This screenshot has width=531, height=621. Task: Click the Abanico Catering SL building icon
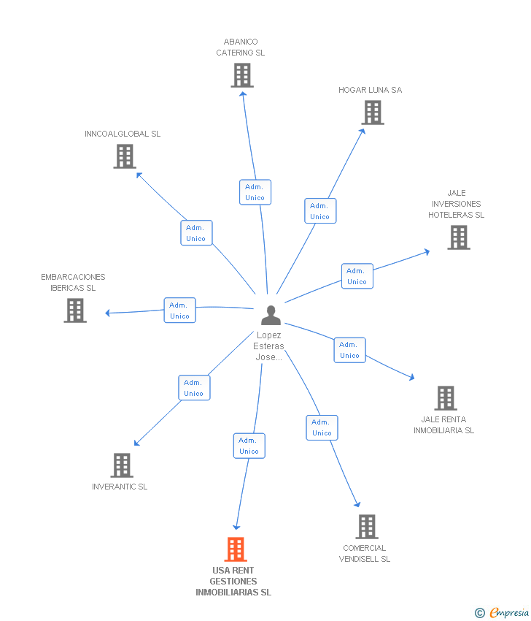[241, 75]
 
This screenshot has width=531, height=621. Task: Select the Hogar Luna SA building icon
[373, 113]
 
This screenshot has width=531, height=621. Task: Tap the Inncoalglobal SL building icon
[125, 156]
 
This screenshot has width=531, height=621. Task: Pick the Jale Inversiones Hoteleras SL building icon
[459, 237]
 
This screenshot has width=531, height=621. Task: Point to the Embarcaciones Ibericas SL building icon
[75, 310]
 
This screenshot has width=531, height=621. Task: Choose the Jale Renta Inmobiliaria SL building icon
[446, 398]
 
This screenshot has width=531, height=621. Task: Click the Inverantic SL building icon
[122, 465]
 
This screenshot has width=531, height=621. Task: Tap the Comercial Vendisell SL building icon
[367, 527]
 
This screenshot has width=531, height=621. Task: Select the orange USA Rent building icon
[235, 549]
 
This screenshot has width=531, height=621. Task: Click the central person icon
[271, 315]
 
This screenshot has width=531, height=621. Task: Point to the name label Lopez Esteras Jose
[269, 346]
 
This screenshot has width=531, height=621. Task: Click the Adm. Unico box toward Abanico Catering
[255, 192]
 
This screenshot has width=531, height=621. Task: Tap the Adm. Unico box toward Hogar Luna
[320, 211]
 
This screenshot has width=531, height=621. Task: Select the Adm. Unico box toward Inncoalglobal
[196, 233]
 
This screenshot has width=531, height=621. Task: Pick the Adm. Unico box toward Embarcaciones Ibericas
[179, 310]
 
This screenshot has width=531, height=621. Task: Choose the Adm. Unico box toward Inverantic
[194, 388]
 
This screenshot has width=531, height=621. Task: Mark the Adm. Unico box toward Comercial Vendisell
[322, 427]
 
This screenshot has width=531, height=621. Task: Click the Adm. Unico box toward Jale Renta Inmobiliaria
[349, 350]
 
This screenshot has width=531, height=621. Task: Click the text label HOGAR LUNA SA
[370, 90]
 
